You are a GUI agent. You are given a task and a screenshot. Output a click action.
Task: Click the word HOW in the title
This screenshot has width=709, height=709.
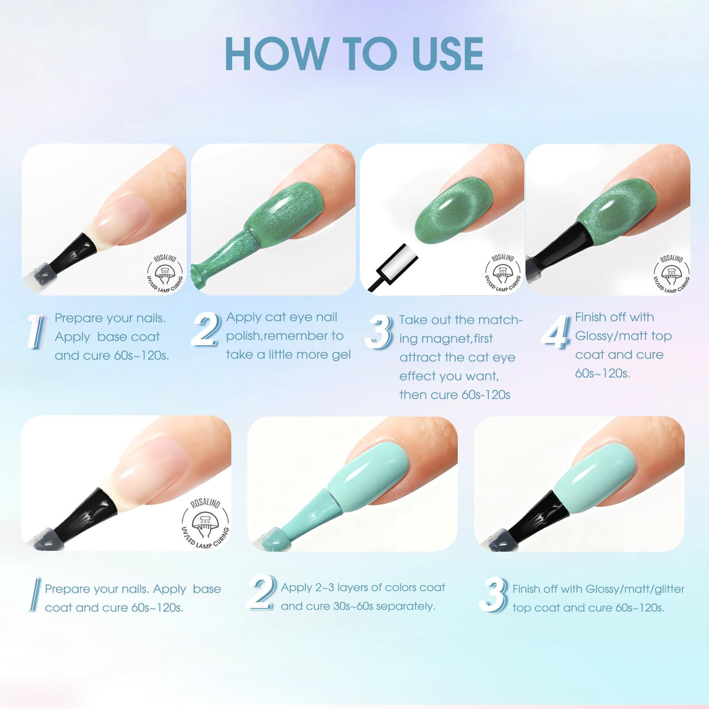[x=277, y=54]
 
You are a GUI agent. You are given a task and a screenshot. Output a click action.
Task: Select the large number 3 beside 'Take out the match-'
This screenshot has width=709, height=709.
[x=379, y=332]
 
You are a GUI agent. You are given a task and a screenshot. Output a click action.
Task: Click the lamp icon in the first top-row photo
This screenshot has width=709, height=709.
[x=164, y=273]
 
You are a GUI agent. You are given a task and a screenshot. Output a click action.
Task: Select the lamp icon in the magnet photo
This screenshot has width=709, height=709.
[x=503, y=273]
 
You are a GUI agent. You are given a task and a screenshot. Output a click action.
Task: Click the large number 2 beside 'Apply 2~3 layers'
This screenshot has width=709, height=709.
[x=261, y=594]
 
